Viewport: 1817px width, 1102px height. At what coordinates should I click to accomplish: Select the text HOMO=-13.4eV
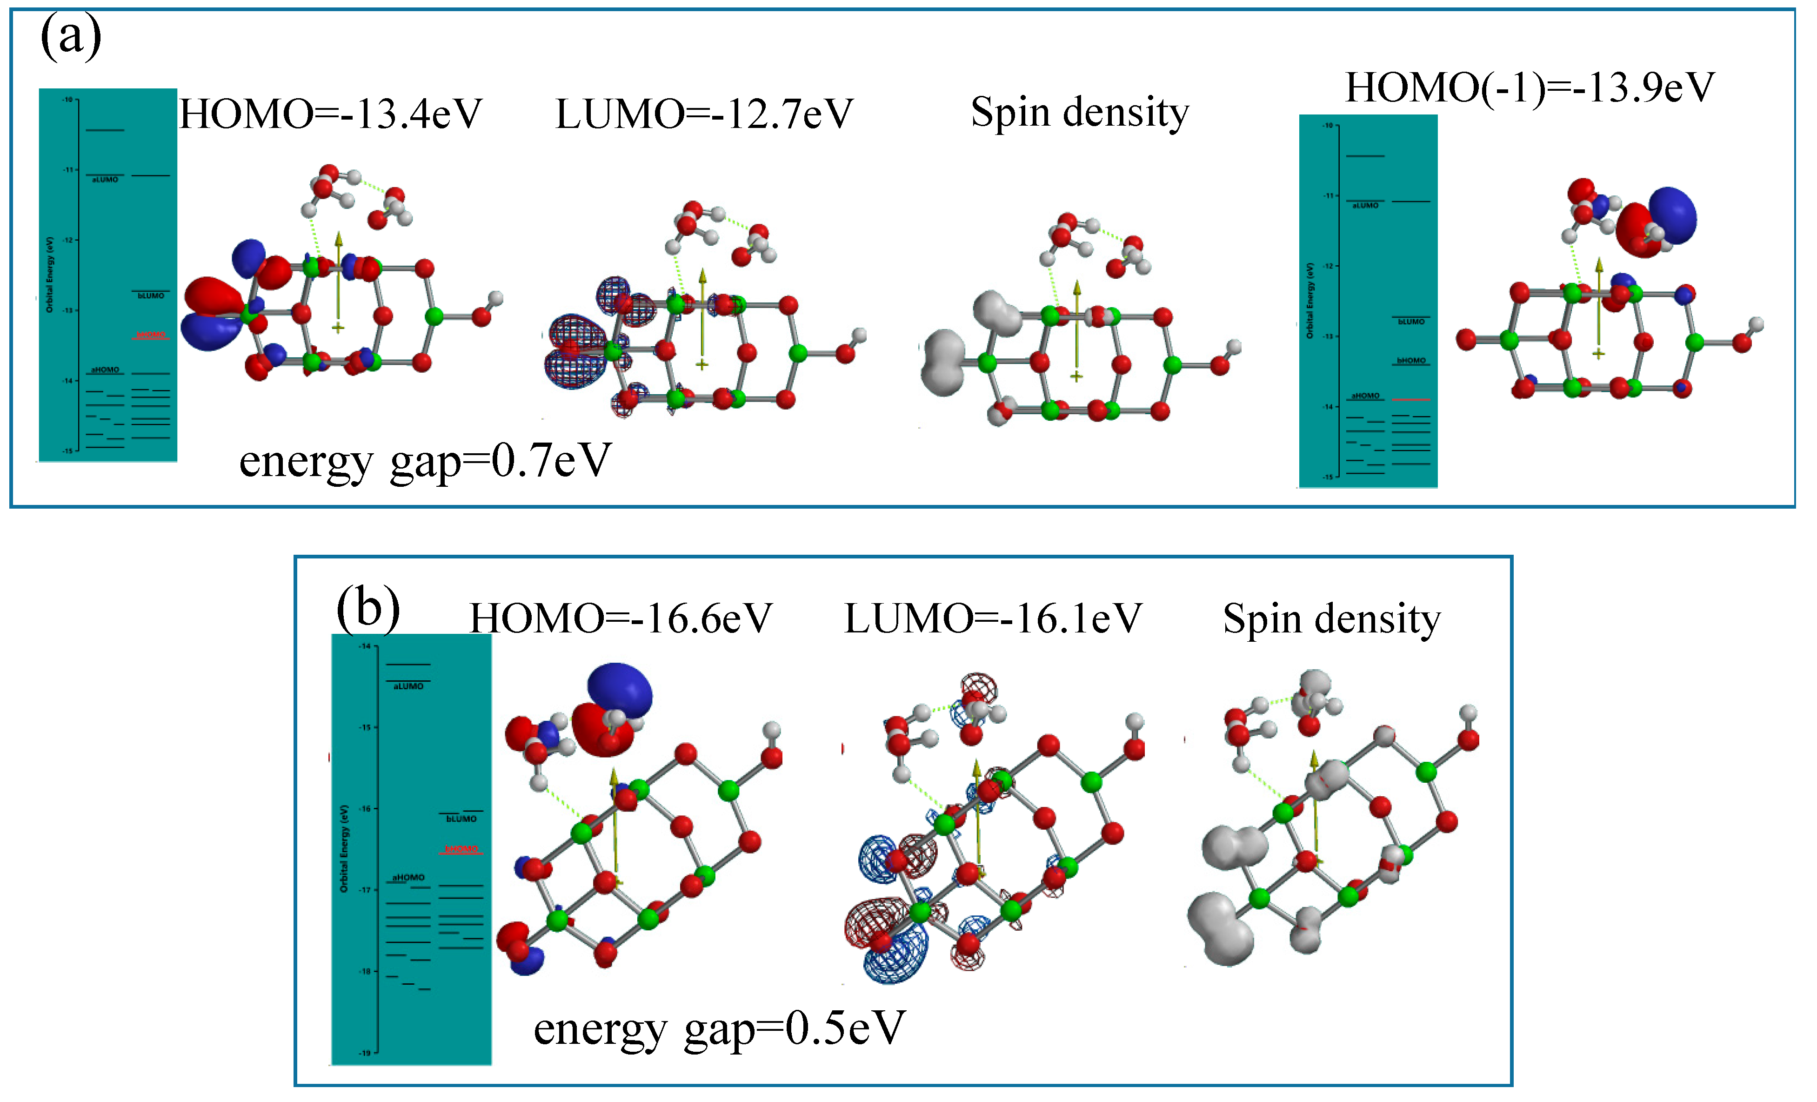(x=330, y=114)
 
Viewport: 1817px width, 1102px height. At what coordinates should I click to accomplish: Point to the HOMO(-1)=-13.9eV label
(x=1530, y=88)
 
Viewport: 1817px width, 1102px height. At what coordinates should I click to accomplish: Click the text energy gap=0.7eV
(x=426, y=461)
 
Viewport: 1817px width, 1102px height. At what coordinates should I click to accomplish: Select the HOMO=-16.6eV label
(x=621, y=618)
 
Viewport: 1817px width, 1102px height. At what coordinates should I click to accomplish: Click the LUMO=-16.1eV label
(x=993, y=618)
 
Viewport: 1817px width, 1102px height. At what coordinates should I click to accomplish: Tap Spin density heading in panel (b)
(x=1331, y=618)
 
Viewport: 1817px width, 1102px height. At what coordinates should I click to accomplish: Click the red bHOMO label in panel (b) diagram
(x=461, y=849)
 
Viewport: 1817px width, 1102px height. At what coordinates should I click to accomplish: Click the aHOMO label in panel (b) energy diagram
(x=408, y=878)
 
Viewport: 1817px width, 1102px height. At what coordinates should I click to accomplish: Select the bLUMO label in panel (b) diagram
(x=461, y=819)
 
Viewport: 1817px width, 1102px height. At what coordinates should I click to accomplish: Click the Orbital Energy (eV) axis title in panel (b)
(x=344, y=848)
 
